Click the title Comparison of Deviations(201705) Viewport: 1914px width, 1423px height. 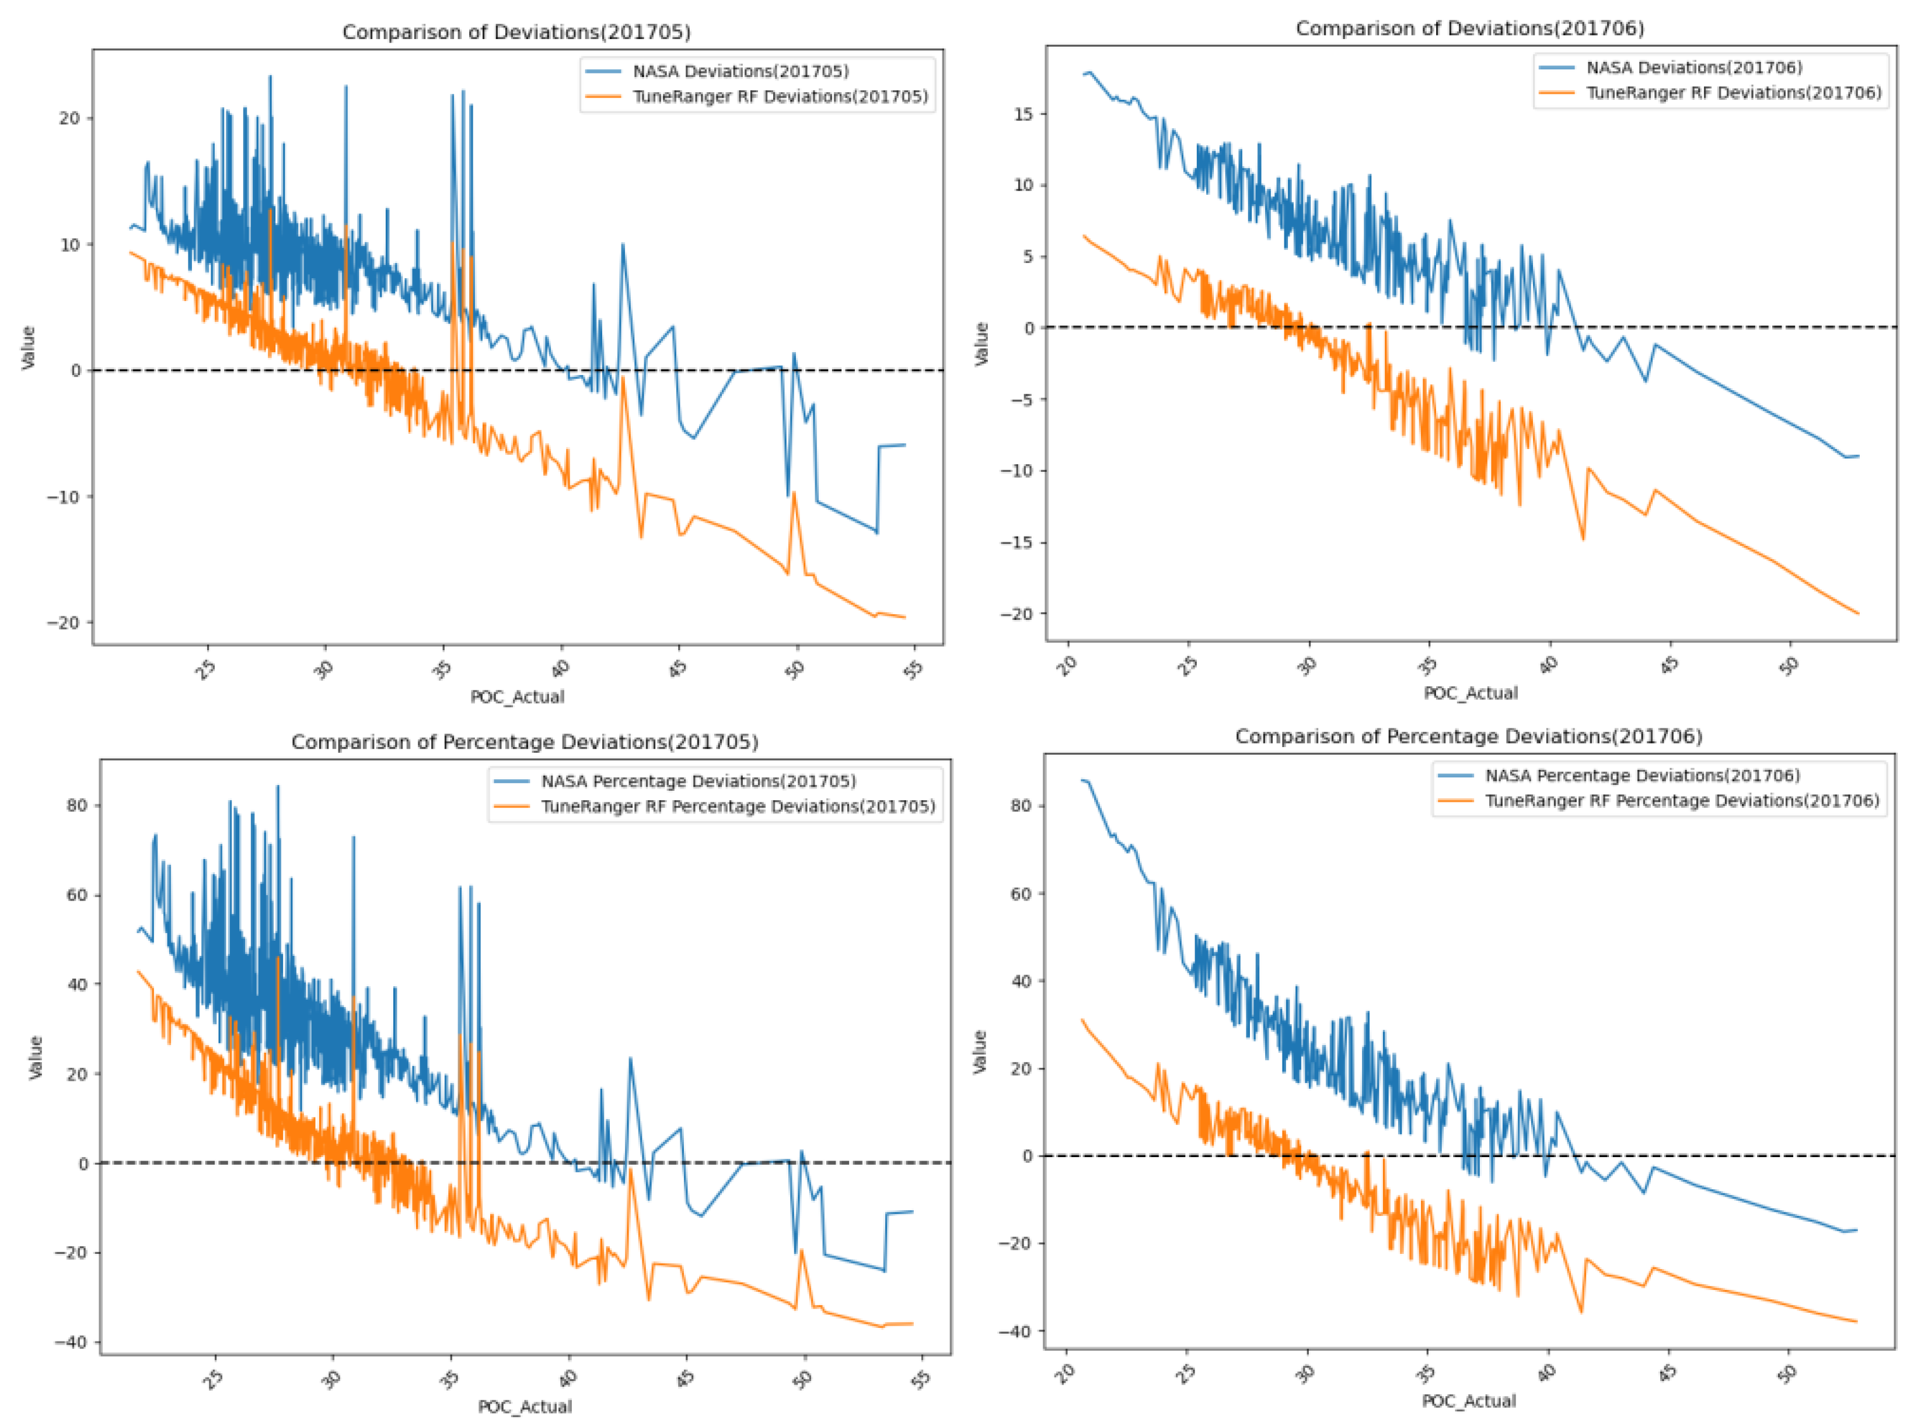coord(516,32)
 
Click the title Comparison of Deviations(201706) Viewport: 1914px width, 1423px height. coord(1469,29)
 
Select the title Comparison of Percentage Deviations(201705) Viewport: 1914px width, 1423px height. coord(524,742)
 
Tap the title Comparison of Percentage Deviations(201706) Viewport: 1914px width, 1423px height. coord(1468,737)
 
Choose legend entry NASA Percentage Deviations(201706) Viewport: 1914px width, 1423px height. coord(1641,775)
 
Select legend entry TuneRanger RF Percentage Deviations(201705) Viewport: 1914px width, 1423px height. coord(738,806)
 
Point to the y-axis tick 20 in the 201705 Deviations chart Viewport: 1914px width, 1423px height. coord(70,119)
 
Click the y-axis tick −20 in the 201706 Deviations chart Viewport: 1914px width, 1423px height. coord(1016,614)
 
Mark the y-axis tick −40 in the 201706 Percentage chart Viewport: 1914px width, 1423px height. coord(1016,1331)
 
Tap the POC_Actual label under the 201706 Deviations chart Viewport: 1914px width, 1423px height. coord(1469,693)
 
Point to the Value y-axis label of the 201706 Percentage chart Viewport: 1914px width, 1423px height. coord(980,1051)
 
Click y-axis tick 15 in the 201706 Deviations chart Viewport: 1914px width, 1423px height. coord(1023,114)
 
